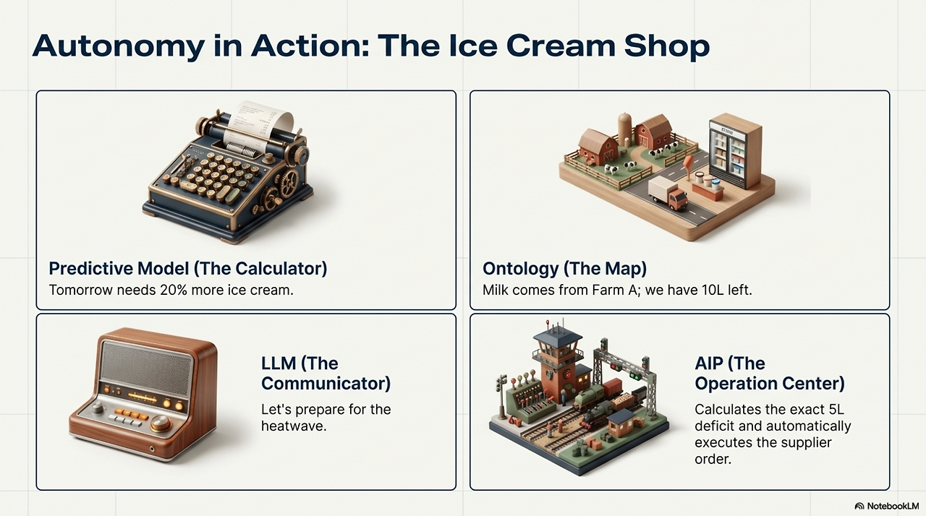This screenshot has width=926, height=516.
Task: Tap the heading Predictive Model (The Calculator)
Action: click(x=188, y=269)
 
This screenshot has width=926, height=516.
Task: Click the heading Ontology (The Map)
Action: click(x=564, y=269)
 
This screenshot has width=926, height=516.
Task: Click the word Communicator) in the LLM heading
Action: click(x=326, y=382)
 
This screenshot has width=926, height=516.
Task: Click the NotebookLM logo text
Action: click(x=891, y=506)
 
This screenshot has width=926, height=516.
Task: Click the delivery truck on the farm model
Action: click(x=667, y=194)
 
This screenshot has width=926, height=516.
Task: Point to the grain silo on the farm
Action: click(x=625, y=129)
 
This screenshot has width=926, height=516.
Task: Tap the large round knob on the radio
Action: click(x=161, y=422)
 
